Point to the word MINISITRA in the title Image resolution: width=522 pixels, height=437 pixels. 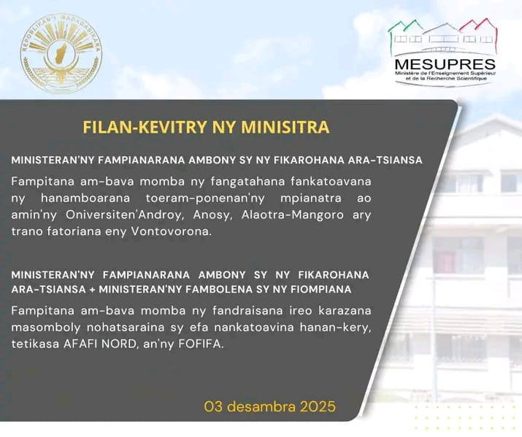tap(292, 127)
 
